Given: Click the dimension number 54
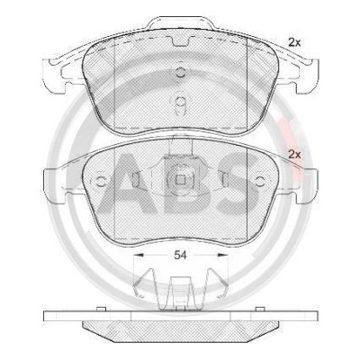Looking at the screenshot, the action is [x=181, y=256].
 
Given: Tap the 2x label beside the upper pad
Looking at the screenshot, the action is [x=294, y=43].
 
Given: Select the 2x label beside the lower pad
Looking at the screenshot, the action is [x=294, y=155].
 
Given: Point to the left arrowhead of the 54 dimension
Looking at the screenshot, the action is [x=138, y=255].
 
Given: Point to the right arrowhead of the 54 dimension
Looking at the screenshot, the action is [x=222, y=255].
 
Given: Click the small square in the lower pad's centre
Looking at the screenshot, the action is [x=180, y=180].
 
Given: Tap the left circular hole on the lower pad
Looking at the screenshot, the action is [x=101, y=181].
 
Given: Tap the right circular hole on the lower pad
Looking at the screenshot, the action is [x=259, y=181].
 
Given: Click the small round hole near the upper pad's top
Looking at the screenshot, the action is [x=180, y=72].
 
